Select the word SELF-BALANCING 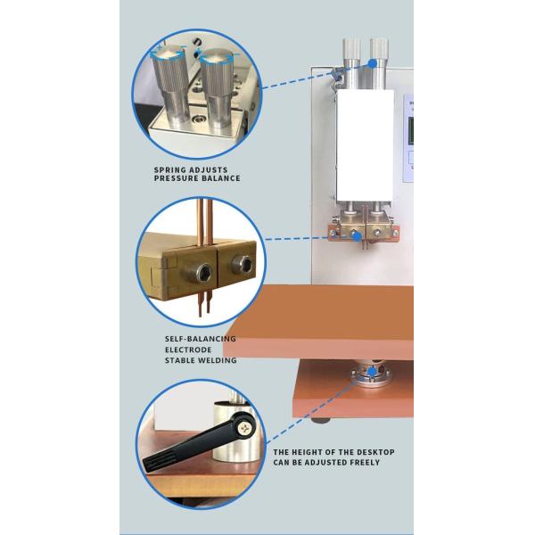[x=201, y=339]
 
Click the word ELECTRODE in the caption [x=188, y=350]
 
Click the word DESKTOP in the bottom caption [x=375, y=452]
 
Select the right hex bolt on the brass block [x=243, y=264]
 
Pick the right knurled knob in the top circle [x=217, y=89]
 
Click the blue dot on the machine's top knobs [x=373, y=63]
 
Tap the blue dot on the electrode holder [x=357, y=235]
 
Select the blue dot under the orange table [x=372, y=372]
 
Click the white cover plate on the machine [x=365, y=145]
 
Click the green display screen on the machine [x=411, y=130]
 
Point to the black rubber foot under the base [x=321, y=420]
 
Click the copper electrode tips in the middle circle [x=204, y=302]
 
